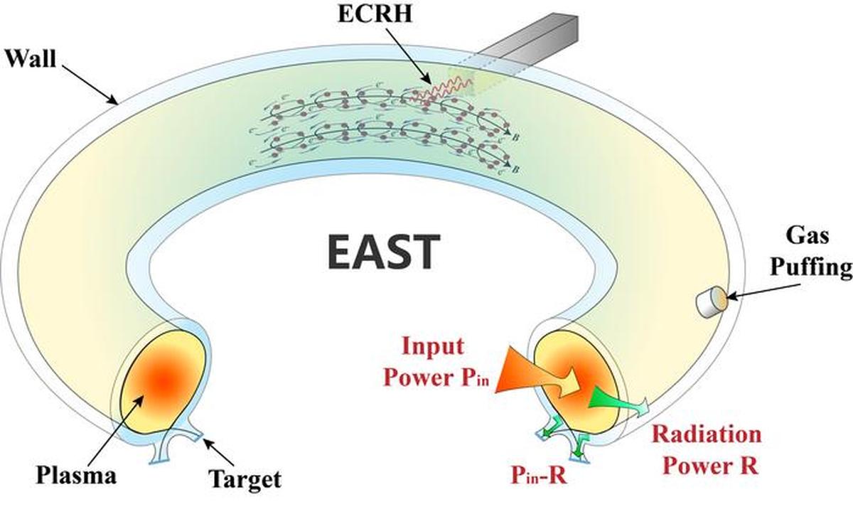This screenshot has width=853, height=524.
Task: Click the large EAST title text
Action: pyautogui.click(x=384, y=252)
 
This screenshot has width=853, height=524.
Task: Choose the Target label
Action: pyautogui.click(x=245, y=478)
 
